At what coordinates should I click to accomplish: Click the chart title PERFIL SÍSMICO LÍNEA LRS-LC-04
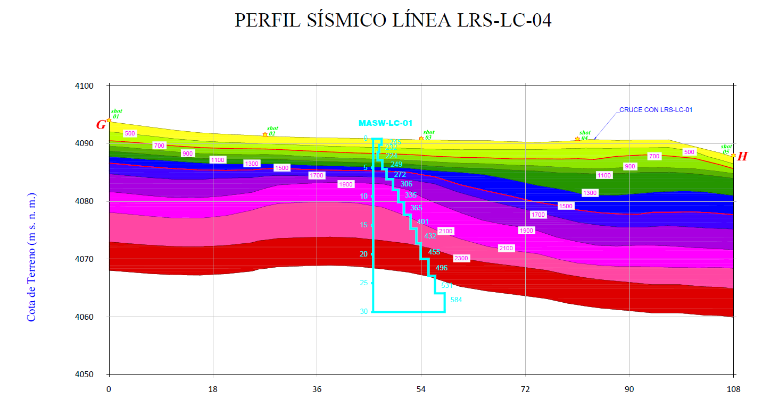tap(393, 20)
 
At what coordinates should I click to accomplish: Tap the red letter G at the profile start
tap(101, 125)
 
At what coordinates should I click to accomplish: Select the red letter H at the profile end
tap(742, 156)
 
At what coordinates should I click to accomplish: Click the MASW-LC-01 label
tap(385, 123)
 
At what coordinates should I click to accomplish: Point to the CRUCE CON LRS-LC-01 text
tap(656, 110)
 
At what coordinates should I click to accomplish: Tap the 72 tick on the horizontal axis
tap(525, 389)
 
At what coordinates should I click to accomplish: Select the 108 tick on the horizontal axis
tap(733, 389)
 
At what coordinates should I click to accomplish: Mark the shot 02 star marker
tap(265, 134)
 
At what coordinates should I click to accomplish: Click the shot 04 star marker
tap(577, 139)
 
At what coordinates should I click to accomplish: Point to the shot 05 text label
tap(726, 149)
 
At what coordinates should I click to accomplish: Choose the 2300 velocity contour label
tap(461, 258)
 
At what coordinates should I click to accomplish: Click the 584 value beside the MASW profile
tap(456, 300)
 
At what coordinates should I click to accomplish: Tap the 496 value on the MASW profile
tap(441, 268)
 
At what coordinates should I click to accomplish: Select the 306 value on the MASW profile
tap(406, 184)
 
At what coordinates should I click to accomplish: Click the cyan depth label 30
tap(363, 312)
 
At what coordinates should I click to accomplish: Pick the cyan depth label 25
tap(363, 283)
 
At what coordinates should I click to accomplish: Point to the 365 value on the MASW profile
tap(416, 208)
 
